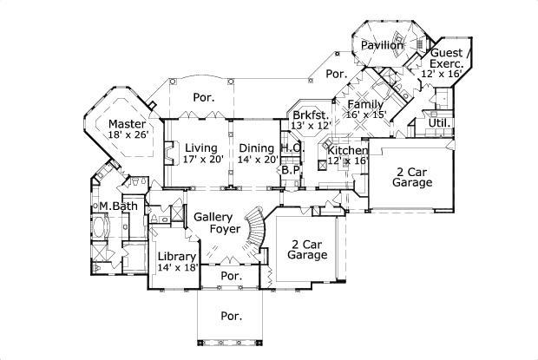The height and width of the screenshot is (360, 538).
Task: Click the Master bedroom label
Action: [x=127, y=123]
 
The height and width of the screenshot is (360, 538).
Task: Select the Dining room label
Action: [x=257, y=147]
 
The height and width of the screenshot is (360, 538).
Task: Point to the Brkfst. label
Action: [x=311, y=115]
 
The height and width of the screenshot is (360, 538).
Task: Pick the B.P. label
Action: [x=291, y=170]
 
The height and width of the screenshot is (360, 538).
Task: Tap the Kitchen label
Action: [x=348, y=150]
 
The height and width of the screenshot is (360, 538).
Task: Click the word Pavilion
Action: [x=383, y=45]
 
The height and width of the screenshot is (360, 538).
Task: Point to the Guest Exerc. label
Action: [x=446, y=58]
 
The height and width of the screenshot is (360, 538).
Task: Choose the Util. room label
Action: [x=439, y=123]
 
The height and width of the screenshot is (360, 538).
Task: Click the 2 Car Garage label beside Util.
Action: [x=410, y=177]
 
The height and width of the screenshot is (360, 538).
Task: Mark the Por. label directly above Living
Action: [x=205, y=97]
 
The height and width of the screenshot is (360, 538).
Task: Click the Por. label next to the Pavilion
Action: [x=337, y=75]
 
